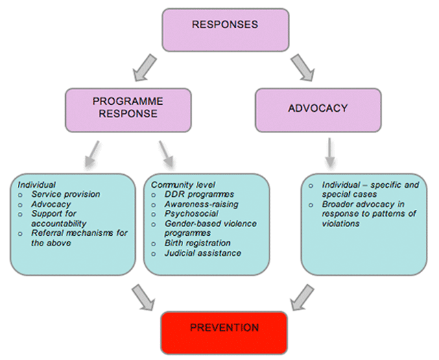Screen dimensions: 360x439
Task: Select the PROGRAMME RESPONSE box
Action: (128, 108)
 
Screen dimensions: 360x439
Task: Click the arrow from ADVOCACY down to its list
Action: (329, 152)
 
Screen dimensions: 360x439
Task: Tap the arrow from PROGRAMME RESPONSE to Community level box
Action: (166, 154)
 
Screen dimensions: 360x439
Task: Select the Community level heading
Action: (183, 185)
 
